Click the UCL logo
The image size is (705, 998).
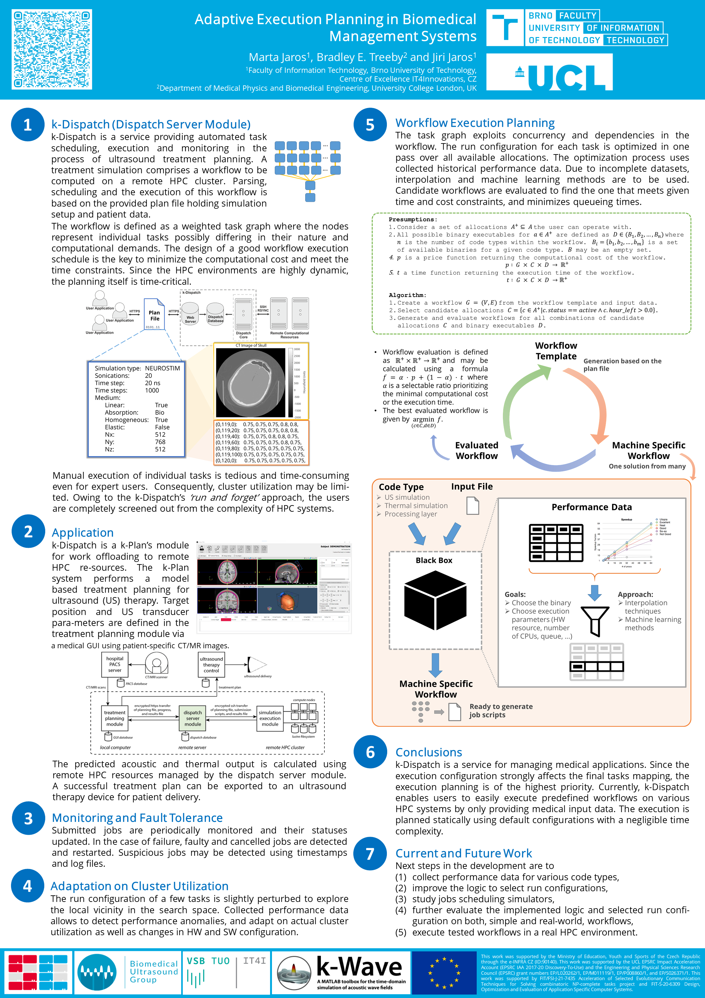coord(549,72)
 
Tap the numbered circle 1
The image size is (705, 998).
coord(27,125)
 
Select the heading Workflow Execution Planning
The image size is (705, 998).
coord(475,123)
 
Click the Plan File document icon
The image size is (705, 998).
coord(155,314)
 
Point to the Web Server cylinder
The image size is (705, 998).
coord(190,314)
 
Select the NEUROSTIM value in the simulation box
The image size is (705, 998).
coord(162,368)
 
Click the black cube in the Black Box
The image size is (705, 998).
coord(435,601)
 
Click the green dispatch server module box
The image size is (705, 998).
coord(193,718)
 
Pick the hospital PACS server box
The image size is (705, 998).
coord(115,664)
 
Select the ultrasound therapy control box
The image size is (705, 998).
coord(211,665)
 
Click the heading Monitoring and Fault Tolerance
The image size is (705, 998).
coord(137,818)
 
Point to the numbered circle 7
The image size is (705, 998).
coord(370,854)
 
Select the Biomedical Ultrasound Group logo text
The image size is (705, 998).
coord(154,972)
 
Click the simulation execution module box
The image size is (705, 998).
coord(270,718)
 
